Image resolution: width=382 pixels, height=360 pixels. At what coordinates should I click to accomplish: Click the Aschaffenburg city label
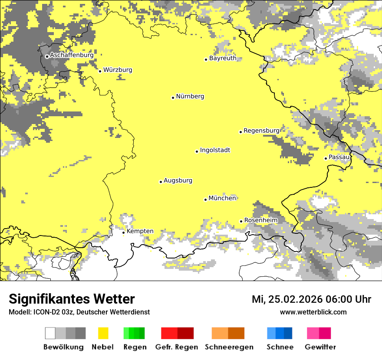tap(71, 56)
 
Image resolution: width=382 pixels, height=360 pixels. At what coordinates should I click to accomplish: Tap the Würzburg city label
tap(118, 70)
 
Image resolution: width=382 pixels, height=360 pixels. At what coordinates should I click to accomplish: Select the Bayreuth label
tap(223, 59)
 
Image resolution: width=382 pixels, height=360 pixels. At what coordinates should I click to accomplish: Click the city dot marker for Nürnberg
tap(173, 98)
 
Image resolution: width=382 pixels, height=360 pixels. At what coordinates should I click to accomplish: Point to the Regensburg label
tap(261, 131)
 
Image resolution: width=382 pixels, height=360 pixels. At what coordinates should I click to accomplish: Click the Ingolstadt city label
tap(215, 151)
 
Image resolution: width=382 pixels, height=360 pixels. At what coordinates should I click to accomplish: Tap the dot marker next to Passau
tap(326, 158)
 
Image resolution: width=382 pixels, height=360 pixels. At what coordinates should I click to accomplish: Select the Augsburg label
tap(178, 181)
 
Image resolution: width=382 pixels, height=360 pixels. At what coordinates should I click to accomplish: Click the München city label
tap(222, 198)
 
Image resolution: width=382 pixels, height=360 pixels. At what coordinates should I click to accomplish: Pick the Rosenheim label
tap(260, 220)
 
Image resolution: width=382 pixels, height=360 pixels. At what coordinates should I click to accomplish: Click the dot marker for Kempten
tap(123, 232)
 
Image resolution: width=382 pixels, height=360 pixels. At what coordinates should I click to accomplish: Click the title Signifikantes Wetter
tap(72, 299)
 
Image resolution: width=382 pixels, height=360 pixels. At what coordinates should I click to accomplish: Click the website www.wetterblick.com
tap(313, 312)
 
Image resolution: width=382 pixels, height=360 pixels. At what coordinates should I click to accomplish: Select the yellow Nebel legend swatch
tap(103, 333)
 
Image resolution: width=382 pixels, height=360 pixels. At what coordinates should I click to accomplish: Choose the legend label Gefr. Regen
tap(176, 347)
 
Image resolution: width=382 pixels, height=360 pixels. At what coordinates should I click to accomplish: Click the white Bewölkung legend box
tap(50, 333)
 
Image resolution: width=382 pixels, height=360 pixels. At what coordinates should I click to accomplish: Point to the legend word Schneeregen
tap(229, 347)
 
